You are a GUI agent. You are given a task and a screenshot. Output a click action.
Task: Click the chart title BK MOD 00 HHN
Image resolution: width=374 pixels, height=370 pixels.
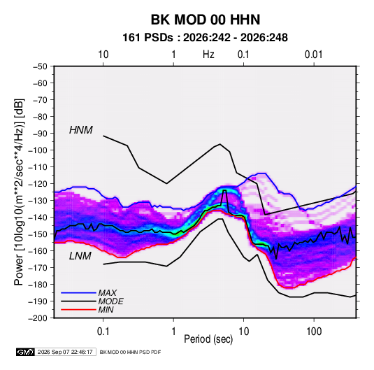(x=206, y=20)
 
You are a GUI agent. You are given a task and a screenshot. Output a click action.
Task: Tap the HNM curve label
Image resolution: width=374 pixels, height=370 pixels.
(x=81, y=130)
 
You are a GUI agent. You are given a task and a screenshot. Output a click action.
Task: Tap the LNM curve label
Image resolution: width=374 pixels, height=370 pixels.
(x=80, y=256)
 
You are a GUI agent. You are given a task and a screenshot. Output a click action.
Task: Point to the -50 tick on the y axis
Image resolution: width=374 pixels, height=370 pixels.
(x=40, y=66)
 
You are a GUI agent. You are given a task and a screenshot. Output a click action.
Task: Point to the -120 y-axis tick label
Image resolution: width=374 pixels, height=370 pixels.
(x=38, y=184)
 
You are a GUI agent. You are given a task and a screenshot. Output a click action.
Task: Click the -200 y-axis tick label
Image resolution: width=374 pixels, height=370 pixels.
(x=38, y=318)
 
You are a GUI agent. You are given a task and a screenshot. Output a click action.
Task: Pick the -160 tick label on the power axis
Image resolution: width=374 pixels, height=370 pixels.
(x=38, y=251)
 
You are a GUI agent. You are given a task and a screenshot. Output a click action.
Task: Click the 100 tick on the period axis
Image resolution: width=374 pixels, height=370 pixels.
(x=314, y=332)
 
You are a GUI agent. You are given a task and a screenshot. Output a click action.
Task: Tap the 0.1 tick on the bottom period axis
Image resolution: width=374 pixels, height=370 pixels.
(x=103, y=332)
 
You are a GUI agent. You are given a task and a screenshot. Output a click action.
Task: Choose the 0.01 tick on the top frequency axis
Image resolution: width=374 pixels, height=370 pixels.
(x=313, y=55)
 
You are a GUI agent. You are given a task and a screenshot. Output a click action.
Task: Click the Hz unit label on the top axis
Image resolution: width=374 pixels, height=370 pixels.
(x=208, y=55)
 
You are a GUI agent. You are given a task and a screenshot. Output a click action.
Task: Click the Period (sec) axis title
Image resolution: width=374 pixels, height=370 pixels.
(x=208, y=339)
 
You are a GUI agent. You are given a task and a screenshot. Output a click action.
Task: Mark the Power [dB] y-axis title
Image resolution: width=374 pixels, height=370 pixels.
(x=19, y=192)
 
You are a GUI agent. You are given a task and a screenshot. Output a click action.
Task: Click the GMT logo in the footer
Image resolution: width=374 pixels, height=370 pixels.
(x=26, y=352)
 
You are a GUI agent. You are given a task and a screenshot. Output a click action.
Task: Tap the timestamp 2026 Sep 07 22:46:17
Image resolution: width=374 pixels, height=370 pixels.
(x=65, y=352)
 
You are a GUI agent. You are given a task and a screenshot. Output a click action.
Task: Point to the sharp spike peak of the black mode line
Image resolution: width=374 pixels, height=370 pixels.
(x=224, y=190)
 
